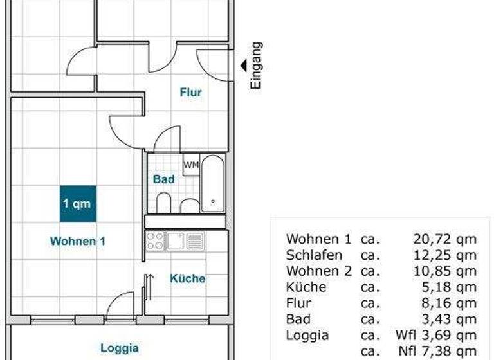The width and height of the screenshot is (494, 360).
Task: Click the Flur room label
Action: tap(190, 93)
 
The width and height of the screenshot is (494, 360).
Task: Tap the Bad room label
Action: tap(163, 180)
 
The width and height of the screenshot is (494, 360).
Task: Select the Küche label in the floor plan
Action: tap(187, 278)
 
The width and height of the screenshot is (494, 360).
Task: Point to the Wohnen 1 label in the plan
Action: tap(78, 241)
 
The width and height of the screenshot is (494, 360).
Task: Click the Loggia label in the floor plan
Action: tap(119, 348)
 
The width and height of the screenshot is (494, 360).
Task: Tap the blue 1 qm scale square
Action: tap(78, 204)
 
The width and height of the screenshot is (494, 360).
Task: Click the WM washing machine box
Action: tap(191, 165)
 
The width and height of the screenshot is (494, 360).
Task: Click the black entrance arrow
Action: tap(243, 65)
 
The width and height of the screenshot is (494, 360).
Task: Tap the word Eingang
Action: tap(256, 65)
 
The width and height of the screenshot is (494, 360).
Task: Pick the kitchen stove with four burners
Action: tap(154, 241)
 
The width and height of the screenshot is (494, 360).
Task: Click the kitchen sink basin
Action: tap(175, 241)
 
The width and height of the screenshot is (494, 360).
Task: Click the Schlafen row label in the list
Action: tap(314, 255)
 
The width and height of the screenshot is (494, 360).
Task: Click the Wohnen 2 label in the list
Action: tap(319, 271)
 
